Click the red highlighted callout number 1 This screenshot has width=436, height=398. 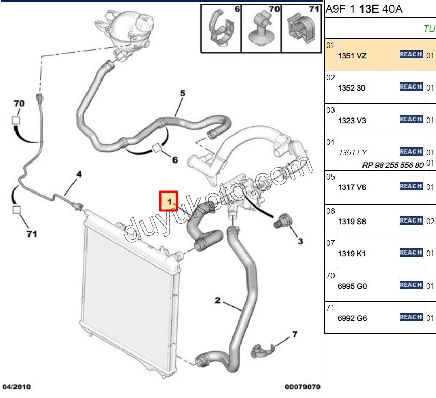click(x=169, y=200)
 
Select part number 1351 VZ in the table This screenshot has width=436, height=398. click(x=352, y=55)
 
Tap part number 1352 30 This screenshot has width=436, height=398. click(x=351, y=88)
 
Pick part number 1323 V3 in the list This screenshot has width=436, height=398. click(x=352, y=120)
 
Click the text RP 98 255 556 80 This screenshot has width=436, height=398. click(x=393, y=165)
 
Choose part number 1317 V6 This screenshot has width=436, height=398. click(x=352, y=187)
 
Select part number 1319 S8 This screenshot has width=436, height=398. click(x=352, y=221)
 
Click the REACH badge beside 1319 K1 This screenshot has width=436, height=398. click(x=411, y=253)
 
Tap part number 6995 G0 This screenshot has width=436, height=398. click(x=352, y=286)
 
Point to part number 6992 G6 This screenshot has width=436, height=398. click(x=352, y=318)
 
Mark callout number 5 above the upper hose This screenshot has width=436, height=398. click(x=182, y=93)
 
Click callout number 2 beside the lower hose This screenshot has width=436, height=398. click(x=217, y=300)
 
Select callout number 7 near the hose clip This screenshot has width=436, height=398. click(x=295, y=334)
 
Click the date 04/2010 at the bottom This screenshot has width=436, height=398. click(x=17, y=387)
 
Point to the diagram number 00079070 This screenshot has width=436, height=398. click(x=303, y=387)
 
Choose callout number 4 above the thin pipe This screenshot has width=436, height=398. click(x=79, y=175)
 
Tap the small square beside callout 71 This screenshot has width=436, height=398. click(x=17, y=210)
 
